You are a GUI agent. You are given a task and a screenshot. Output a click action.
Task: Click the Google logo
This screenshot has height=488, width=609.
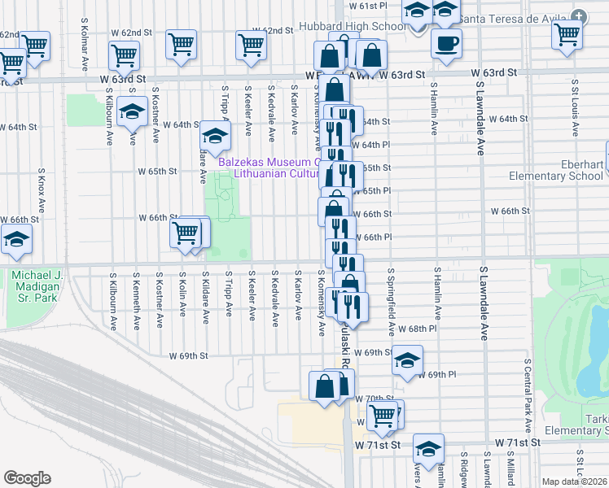(x=27, y=478)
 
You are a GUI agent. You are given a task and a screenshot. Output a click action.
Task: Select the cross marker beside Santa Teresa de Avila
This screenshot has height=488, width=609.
(x=578, y=16)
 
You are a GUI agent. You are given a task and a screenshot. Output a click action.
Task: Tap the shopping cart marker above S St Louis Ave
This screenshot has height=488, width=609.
(x=567, y=34)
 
